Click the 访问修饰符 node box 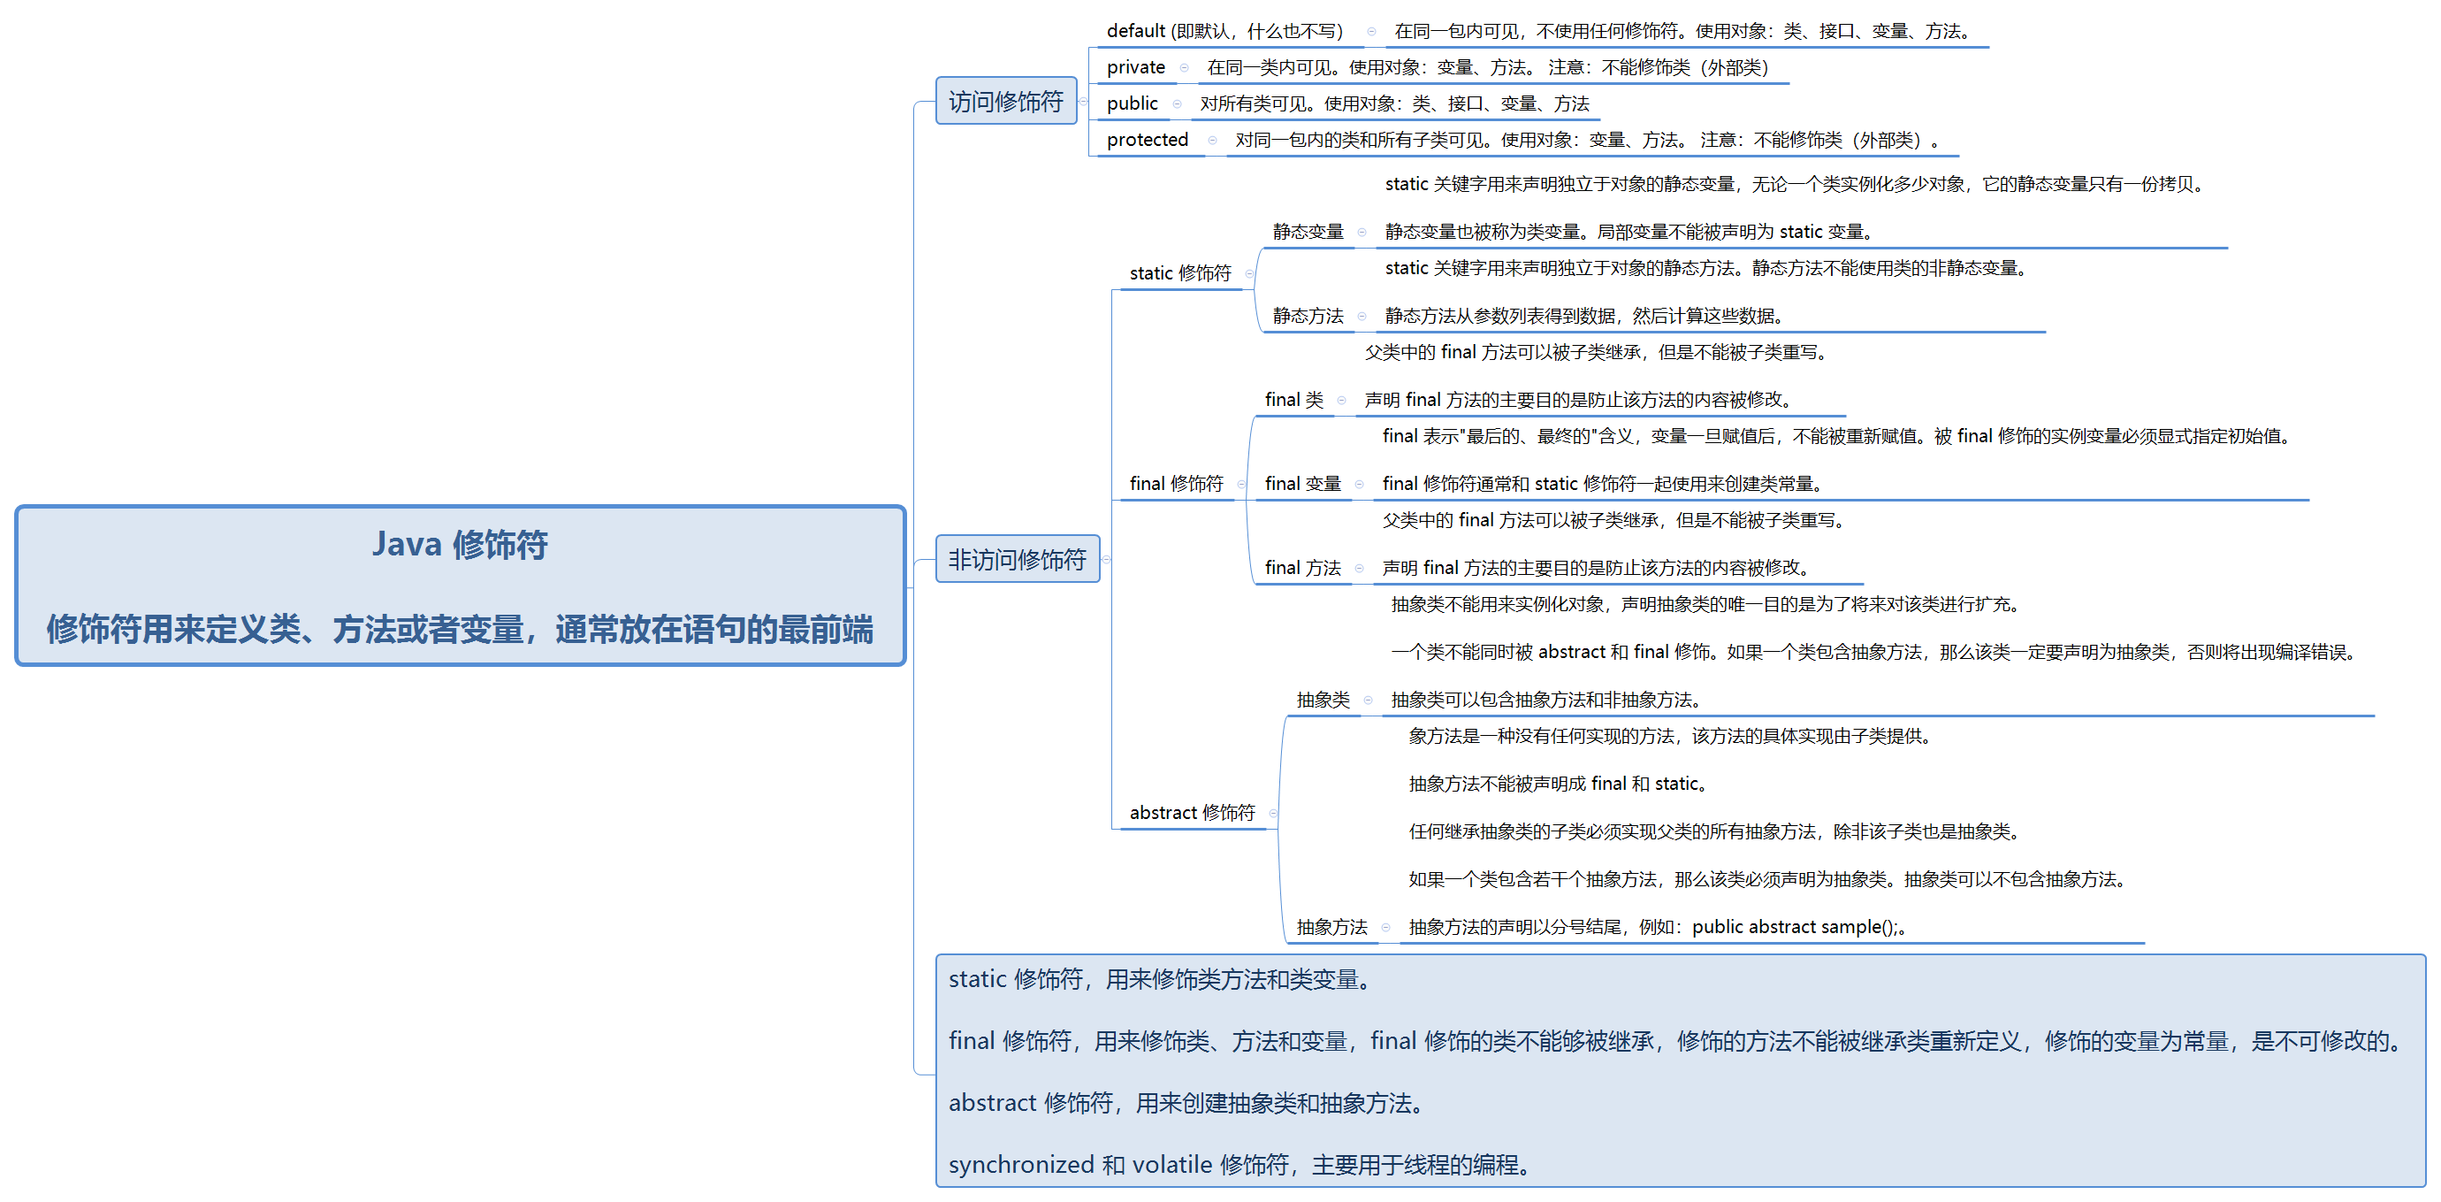(x=1005, y=102)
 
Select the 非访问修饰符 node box (x=1017, y=559)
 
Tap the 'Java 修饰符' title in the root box (x=460, y=544)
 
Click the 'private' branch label (x=1135, y=67)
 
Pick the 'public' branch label (x=1132, y=103)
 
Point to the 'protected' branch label (x=1147, y=140)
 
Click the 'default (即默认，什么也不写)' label (x=1224, y=31)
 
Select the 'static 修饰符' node (x=1179, y=273)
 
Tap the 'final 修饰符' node (x=1176, y=484)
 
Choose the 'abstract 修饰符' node (x=1191, y=813)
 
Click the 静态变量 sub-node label (x=1308, y=232)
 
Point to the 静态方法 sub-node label (x=1308, y=316)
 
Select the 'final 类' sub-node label (x=1293, y=400)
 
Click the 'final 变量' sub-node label (x=1302, y=484)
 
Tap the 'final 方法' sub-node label (x=1302, y=568)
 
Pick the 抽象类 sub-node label (x=1323, y=700)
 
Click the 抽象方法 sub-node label (x=1331, y=927)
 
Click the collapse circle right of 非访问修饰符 (x=1107, y=559)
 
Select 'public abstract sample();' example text (x=1795, y=927)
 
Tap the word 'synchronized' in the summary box (x=1020, y=1164)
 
